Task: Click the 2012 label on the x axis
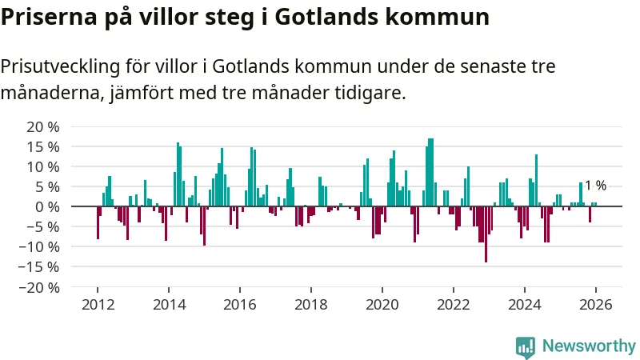point(98,305)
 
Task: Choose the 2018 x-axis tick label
point(311,305)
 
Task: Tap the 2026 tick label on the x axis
point(596,305)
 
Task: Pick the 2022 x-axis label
point(454,305)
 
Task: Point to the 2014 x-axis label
point(169,305)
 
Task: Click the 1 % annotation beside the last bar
point(595,186)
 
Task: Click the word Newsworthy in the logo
point(589,346)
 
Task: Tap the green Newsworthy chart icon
point(526,346)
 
